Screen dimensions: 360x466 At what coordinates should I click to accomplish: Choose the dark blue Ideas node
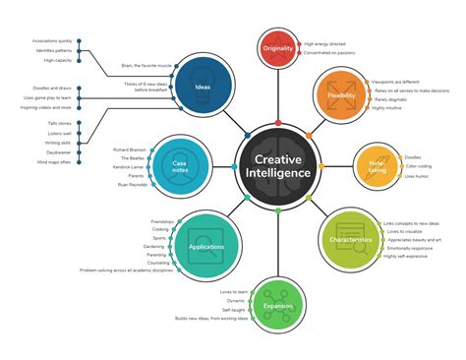pos(204,89)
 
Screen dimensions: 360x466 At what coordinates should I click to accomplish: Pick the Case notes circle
pos(179,164)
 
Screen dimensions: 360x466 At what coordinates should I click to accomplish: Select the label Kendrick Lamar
pos(130,167)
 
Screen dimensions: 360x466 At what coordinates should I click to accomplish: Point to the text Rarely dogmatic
pos(391,97)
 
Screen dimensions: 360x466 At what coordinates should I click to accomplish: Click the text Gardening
pos(153,246)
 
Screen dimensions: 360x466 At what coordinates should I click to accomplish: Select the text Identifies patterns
pos(54,50)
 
